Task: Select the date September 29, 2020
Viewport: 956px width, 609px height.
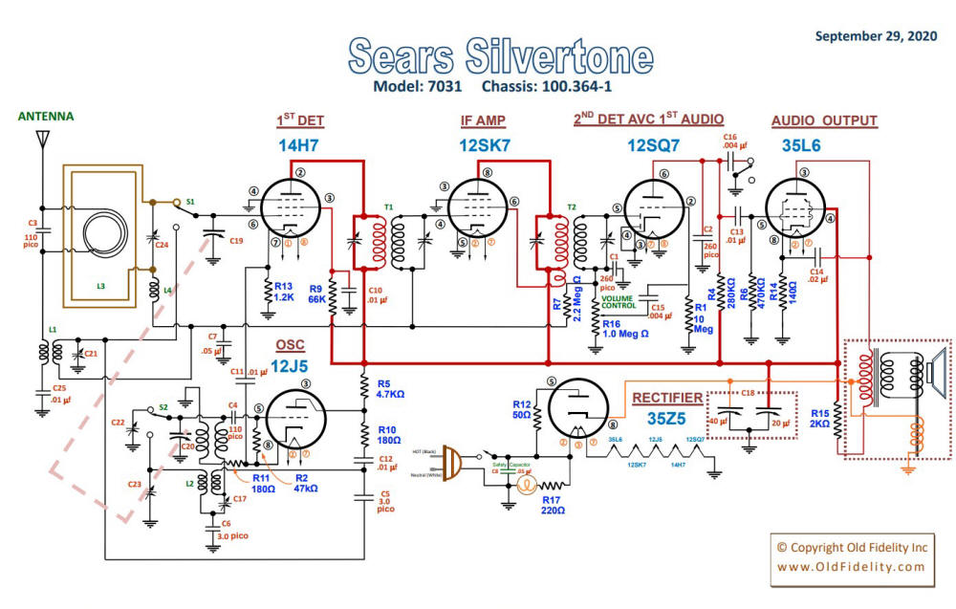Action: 875,35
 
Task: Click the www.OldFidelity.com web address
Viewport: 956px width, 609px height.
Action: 852,567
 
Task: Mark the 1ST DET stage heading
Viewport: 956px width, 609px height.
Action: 298,120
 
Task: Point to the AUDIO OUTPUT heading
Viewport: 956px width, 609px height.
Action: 824,120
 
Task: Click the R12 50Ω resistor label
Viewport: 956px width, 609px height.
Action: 521,410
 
